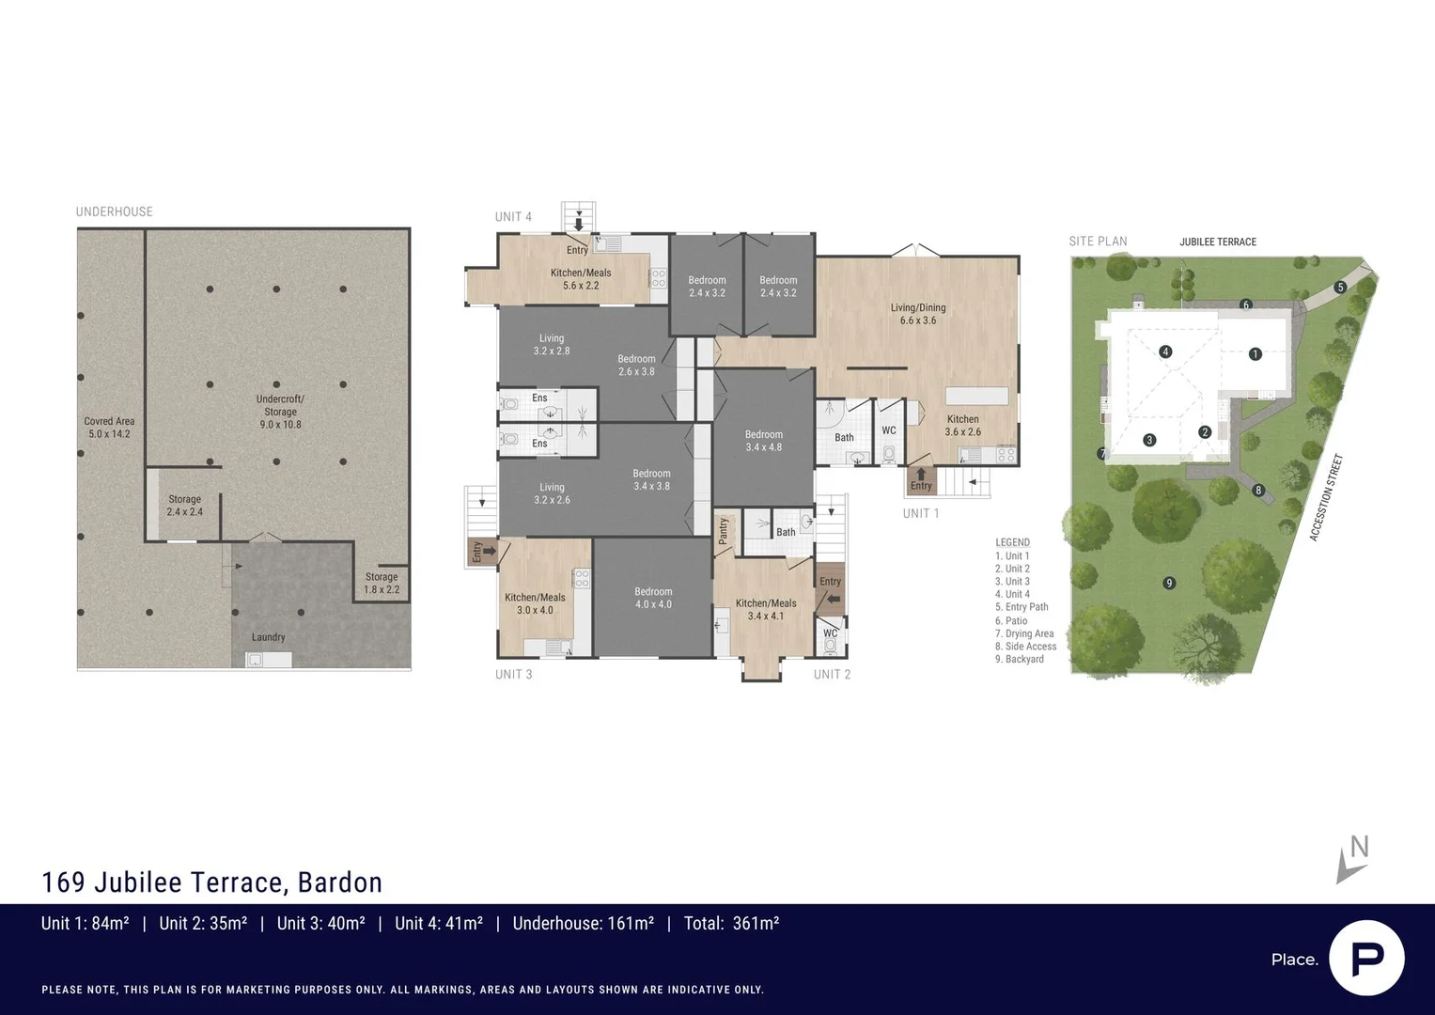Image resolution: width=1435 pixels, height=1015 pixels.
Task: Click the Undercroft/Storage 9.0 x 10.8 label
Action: [280, 412]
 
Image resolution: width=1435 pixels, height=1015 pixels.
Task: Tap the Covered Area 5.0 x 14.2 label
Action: [109, 428]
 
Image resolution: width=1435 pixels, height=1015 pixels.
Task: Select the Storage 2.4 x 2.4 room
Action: [184, 506]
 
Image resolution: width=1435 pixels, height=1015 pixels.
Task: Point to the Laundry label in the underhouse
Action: [268, 637]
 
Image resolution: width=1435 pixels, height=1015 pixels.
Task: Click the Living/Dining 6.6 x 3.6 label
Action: [918, 314]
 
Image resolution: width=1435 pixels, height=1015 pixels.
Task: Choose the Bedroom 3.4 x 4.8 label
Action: [763, 441]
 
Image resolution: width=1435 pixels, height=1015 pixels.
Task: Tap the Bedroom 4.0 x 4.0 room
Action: [653, 598]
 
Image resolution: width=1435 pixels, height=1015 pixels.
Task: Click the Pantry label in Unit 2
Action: [723, 531]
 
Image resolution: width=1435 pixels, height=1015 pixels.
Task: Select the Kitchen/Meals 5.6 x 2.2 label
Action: [581, 279]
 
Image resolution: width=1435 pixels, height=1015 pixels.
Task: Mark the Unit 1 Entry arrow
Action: [921, 475]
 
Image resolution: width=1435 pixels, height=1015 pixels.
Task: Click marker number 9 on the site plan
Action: [1169, 583]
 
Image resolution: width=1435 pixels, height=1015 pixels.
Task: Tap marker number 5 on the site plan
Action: [1340, 288]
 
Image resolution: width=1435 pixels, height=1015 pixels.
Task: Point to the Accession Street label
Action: [1326, 497]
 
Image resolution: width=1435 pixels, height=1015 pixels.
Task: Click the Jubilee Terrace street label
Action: [1218, 242]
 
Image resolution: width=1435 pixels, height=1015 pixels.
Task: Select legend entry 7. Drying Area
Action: [1024, 633]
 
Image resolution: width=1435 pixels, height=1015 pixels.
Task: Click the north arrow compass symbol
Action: [1352, 859]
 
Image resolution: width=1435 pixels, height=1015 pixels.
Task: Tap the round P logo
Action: [1366, 958]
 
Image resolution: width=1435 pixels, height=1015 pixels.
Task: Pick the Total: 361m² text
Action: [731, 924]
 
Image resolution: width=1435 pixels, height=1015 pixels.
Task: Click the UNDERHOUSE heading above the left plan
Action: [115, 211]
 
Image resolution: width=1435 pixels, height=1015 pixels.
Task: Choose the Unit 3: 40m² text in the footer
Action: [320, 924]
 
